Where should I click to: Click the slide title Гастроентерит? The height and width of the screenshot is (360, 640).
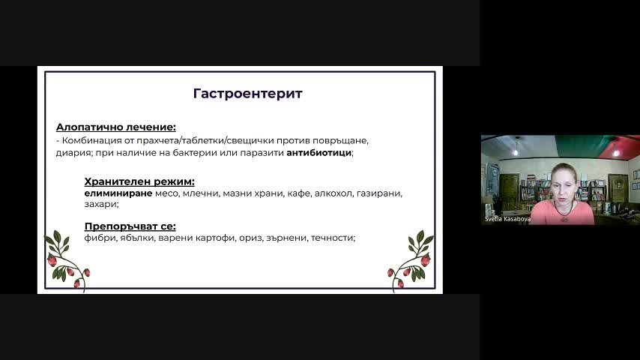tap(248, 94)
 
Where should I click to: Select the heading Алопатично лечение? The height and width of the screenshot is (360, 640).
tap(116, 127)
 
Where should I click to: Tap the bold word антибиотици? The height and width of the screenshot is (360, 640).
tap(319, 153)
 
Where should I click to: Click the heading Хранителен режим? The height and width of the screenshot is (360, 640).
tap(139, 181)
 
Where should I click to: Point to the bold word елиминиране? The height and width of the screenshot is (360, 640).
tap(118, 193)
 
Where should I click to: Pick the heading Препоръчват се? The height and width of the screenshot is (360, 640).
tap(130, 226)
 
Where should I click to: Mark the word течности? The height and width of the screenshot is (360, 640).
tap(332, 238)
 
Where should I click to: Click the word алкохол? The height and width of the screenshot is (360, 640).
tap(333, 193)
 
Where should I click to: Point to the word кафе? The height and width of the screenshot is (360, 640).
tap(299, 193)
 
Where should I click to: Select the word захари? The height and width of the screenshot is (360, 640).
tap(100, 204)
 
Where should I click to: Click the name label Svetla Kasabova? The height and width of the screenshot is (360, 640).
tap(508, 219)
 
